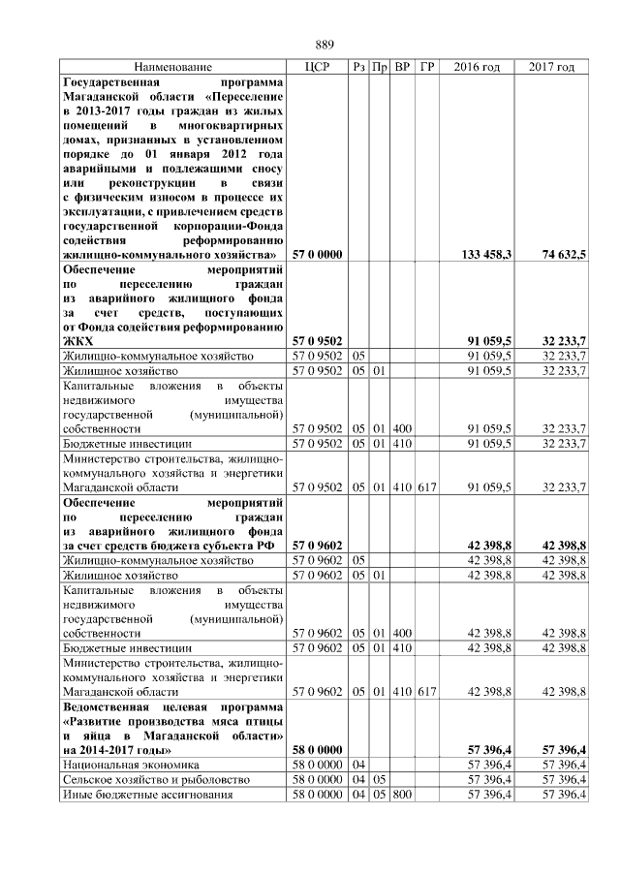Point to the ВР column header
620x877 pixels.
tap(402, 67)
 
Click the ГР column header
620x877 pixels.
tap(427, 67)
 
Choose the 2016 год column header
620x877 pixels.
tap(477, 67)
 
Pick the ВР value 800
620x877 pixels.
tap(402, 795)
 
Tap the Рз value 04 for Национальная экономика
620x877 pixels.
tap(358, 765)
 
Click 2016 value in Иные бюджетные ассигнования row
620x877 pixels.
tap(489, 795)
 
